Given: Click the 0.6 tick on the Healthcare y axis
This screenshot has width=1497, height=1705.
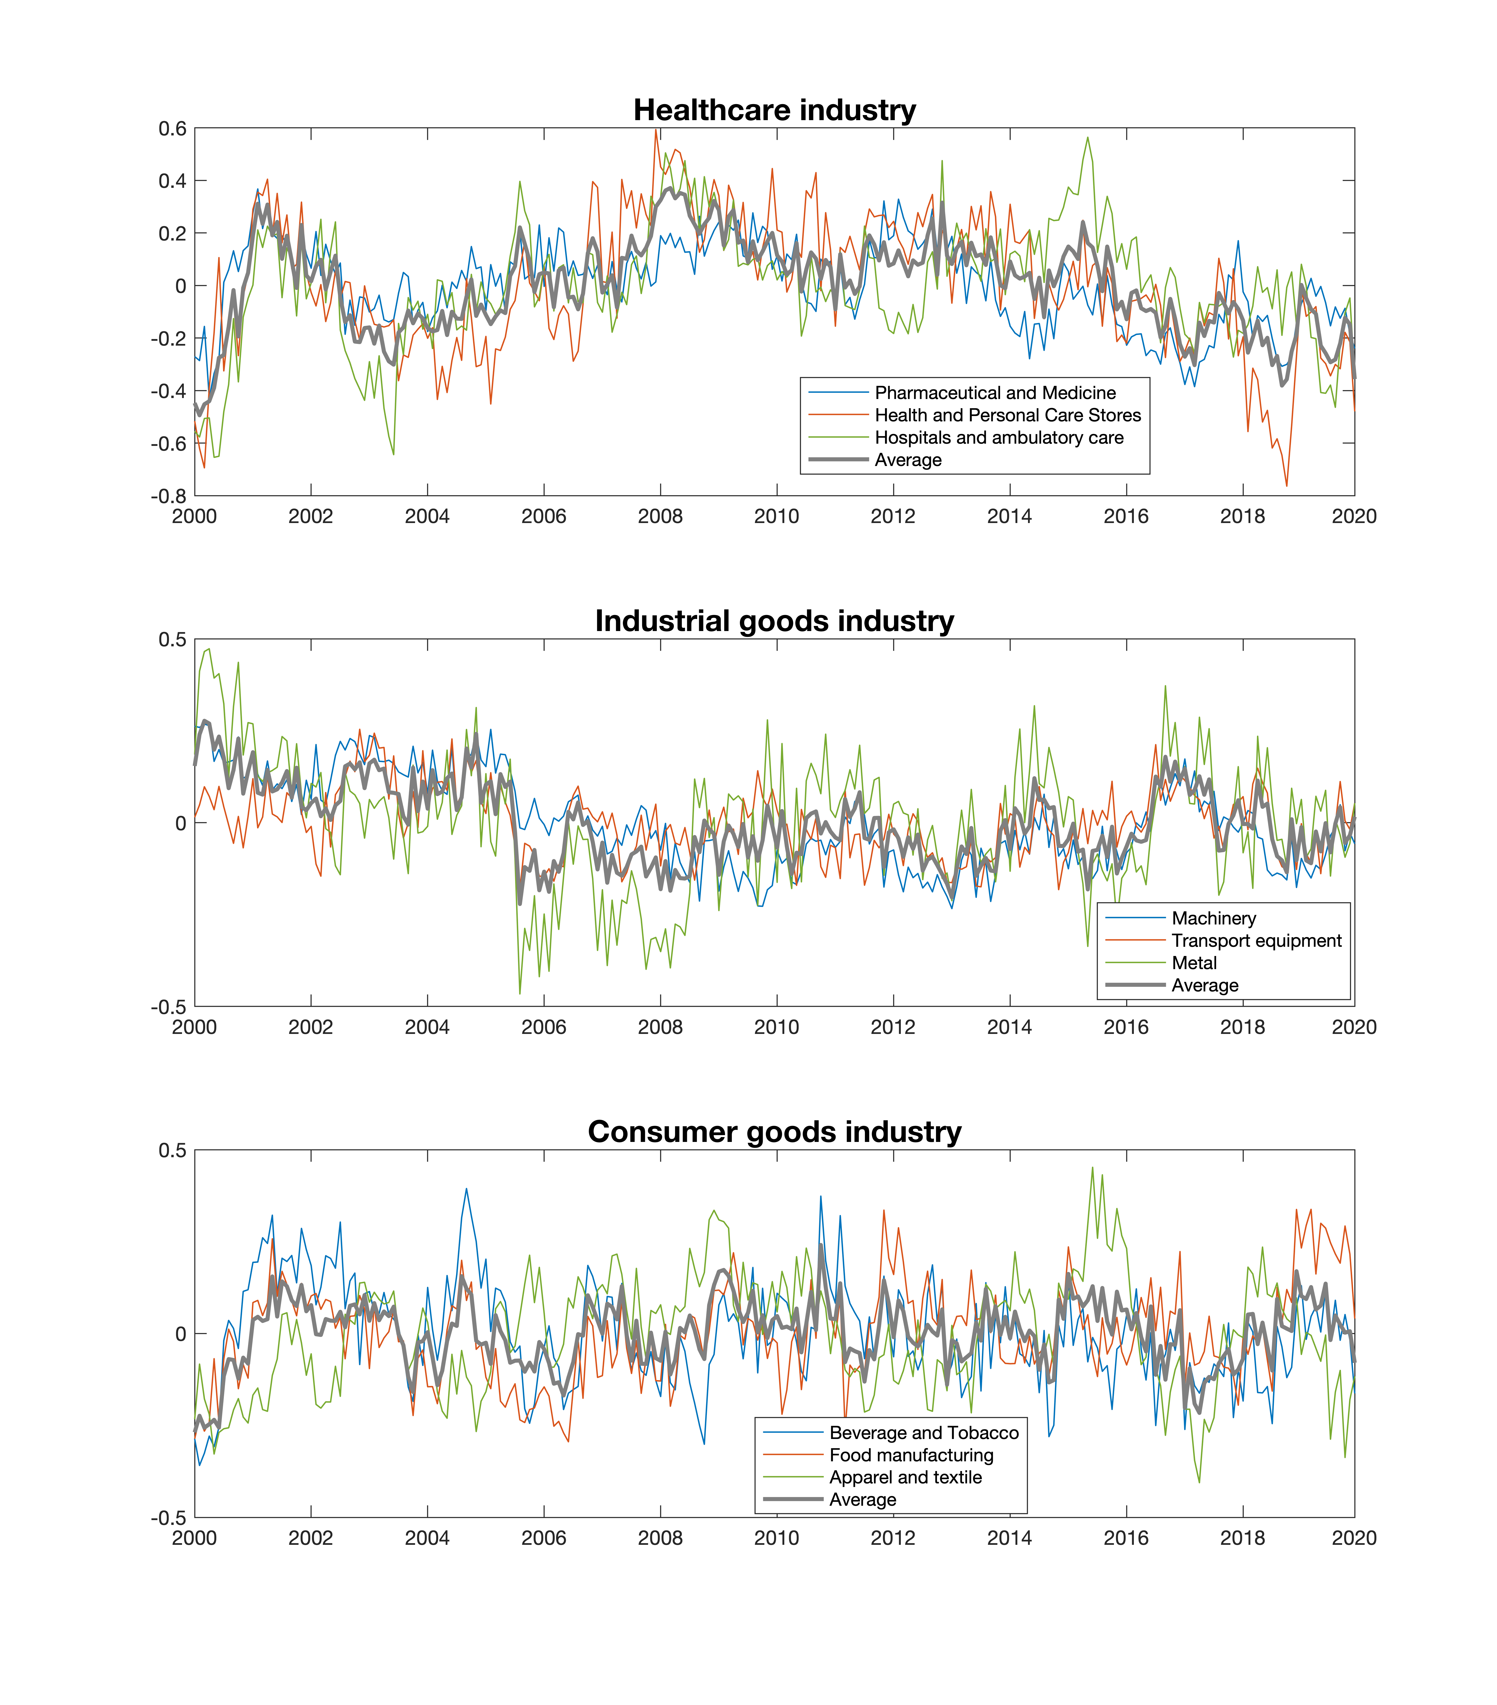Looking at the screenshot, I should coord(173,128).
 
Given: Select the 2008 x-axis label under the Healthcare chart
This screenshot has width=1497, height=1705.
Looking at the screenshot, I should coord(660,516).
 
